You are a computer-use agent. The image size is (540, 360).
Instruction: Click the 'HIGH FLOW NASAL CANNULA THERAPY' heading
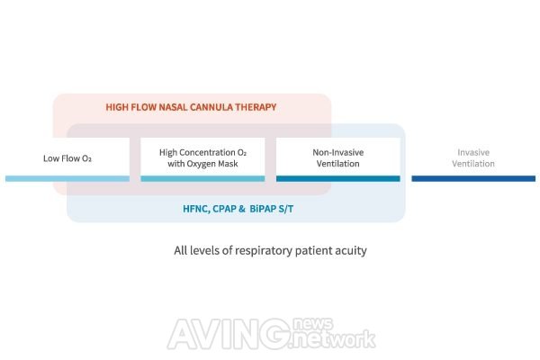click(x=191, y=107)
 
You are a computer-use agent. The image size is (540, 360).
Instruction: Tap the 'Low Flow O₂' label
click(x=67, y=159)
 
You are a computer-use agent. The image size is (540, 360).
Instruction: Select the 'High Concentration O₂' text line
click(x=202, y=152)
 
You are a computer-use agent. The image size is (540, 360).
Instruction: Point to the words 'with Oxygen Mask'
click(x=202, y=165)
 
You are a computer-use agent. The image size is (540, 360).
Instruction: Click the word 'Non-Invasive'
click(x=337, y=152)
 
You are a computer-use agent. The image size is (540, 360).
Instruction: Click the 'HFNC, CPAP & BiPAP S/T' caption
click(x=236, y=209)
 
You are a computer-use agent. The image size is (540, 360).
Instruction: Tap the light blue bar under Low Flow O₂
click(x=67, y=178)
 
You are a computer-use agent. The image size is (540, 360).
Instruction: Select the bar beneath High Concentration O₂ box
click(x=202, y=178)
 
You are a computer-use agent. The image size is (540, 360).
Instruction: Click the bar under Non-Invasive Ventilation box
click(x=337, y=178)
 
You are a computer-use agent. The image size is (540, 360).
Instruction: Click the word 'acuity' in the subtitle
click(x=348, y=250)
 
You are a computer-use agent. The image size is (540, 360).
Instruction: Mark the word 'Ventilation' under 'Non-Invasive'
click(x=337, y=165)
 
